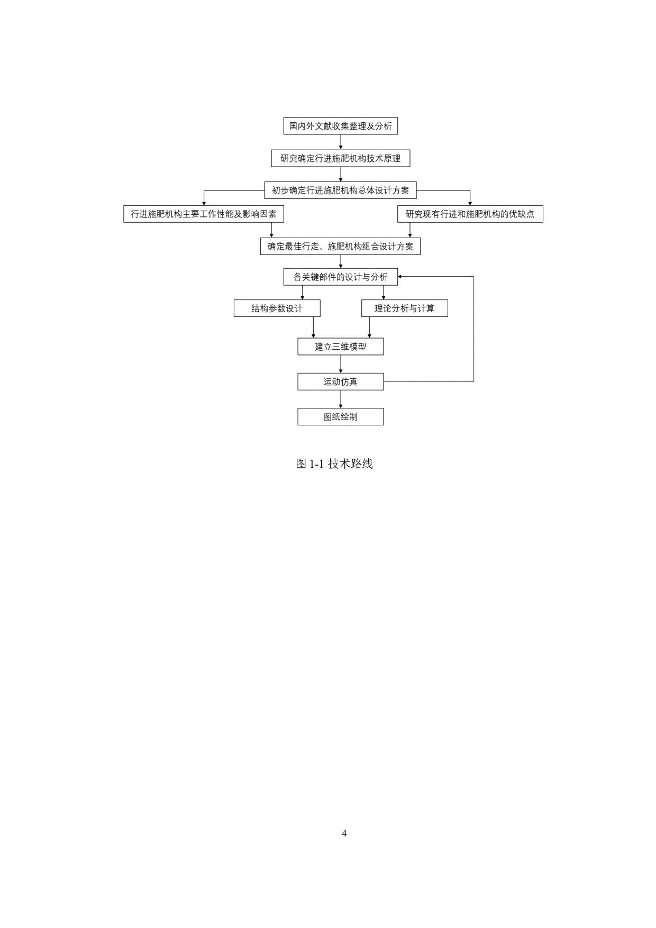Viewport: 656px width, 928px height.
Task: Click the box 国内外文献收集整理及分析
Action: [x=340, y=126]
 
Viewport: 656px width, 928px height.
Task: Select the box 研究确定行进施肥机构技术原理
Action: [x=340, y=158]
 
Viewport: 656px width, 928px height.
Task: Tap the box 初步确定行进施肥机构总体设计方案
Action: [x=340, y=190]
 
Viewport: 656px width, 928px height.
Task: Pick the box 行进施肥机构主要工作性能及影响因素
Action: [x=204, y=214]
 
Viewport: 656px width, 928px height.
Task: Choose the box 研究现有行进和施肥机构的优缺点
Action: [x=470, y=214]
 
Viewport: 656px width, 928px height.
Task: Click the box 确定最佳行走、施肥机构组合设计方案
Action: [x=340, y=246]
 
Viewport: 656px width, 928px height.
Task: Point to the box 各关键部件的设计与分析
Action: [x=340, y=277]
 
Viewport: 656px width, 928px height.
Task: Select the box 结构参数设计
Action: [x=277, y=308]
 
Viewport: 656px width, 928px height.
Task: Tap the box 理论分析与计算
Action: [x=405, y=308]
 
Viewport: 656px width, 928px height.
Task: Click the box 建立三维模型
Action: [x=340, y=347]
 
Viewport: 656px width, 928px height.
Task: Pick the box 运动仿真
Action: [x=340, y=381]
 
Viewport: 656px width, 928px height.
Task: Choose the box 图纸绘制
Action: [x=340, y=417]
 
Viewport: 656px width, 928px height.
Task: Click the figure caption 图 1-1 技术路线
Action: [x=334, y=464]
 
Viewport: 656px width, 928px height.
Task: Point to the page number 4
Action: [x=344, y=833]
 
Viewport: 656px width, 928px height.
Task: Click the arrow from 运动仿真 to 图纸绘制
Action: [x=341, y=399]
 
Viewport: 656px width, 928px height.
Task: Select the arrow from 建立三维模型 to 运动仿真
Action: [x=341, y=364]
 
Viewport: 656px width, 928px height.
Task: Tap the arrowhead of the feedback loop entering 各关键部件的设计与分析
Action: [x=399, y=277]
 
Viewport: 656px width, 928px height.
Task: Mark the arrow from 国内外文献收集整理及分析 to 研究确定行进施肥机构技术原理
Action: [x=341, y=142]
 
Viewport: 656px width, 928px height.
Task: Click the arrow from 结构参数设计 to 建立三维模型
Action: [x=313, y=327]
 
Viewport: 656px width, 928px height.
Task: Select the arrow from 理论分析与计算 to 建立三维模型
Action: [x=369, y=327]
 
